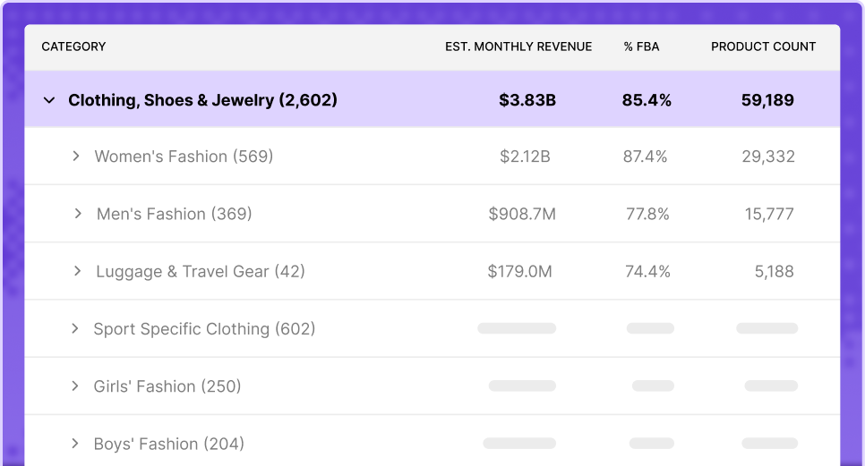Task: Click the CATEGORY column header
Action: click(73, 47)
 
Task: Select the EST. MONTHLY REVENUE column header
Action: click(518, 47)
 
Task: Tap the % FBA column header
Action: click(641, 47)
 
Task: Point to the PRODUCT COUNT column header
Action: click(763, 47)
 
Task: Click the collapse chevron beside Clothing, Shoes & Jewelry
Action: click(49, 100)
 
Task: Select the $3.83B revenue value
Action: click(527, 100)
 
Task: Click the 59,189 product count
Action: click(767, 100)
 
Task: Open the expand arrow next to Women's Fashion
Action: click(75, 157)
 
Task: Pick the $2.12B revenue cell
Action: click(525, 157)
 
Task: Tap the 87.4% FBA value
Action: click(646, 157)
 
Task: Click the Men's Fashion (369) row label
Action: click(175, 214)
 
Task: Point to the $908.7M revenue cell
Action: click(522, 215)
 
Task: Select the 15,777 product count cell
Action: click(769, 215)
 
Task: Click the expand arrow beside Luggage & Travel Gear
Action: click(77, 272)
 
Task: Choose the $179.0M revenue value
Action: click(519, 272)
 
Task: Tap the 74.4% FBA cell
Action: click(647, 272)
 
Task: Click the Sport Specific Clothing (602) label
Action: click(204, 329)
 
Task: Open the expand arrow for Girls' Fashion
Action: click(75, 386)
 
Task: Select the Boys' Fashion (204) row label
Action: click(169, 444)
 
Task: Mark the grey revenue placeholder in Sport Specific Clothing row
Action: click(517, 328)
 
